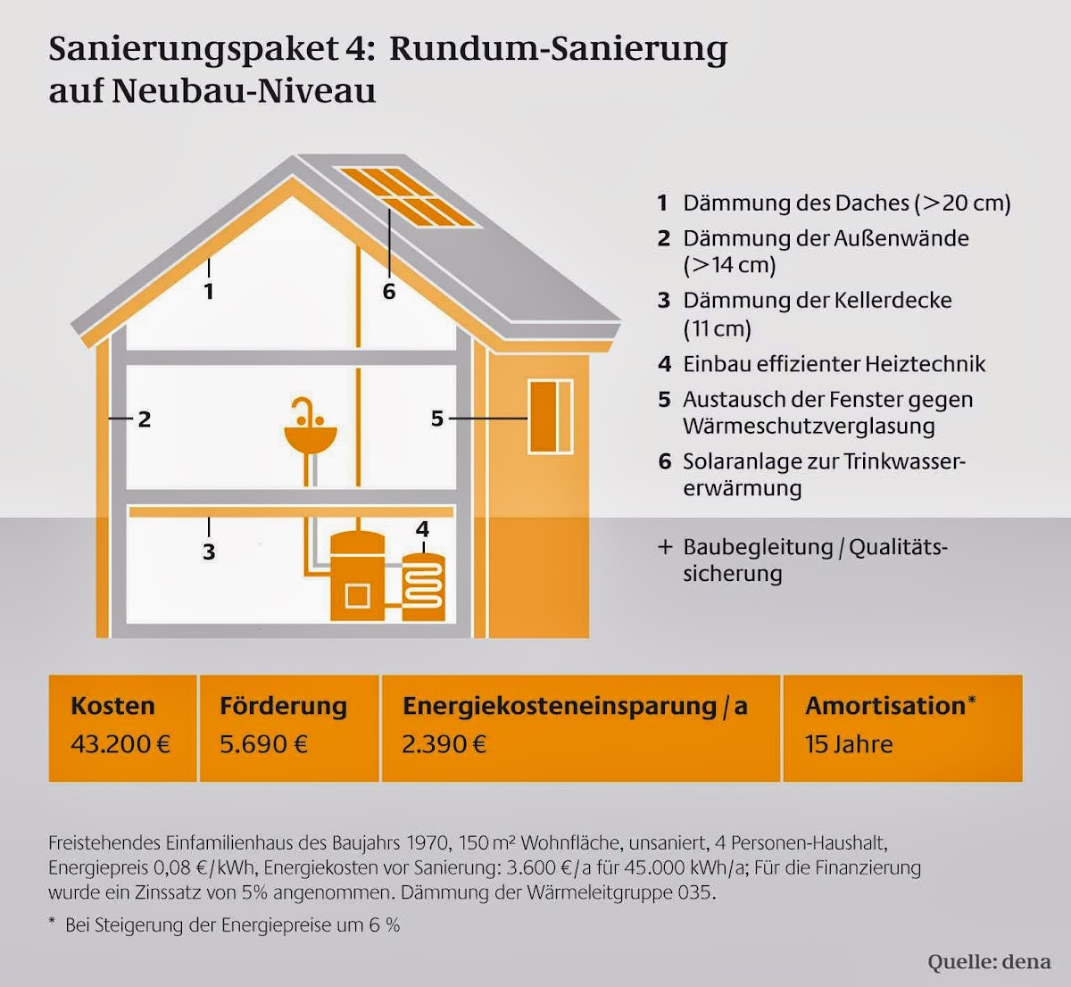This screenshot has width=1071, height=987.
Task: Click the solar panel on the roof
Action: (x=407, y=196)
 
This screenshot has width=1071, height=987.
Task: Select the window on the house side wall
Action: (x=551, y=417)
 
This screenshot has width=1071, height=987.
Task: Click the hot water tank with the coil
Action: (x=423, y=587)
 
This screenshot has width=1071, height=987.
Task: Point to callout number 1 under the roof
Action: (x=209, y=292)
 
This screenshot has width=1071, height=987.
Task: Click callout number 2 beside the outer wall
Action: (x=145, y=419)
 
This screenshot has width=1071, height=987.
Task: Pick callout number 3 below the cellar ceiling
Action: (x=209, y=552)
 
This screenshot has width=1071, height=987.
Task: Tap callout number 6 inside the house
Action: (x=388, y=292)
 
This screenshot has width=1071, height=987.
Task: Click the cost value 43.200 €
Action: (x=120, y=744)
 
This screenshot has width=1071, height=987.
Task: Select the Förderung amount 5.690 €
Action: (x=264, y=744)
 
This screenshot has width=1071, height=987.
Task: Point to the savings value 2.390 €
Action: (x=444, y=744)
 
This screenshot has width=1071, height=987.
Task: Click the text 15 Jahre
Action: (x=849, y=744)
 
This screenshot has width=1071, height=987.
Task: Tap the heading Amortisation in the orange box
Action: (x=885, y=706)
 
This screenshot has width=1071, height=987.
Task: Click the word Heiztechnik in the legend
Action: (x=925, y=364)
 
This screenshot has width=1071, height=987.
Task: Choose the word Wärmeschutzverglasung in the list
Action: (x=809, y=427)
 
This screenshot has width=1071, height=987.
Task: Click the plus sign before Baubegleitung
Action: (x=665, y=547)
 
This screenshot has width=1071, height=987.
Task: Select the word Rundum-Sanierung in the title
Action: (x=558, y=49)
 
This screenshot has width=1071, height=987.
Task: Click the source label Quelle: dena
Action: (x=989, y=962)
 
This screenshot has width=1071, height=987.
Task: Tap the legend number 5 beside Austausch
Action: (x=664, y=400)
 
